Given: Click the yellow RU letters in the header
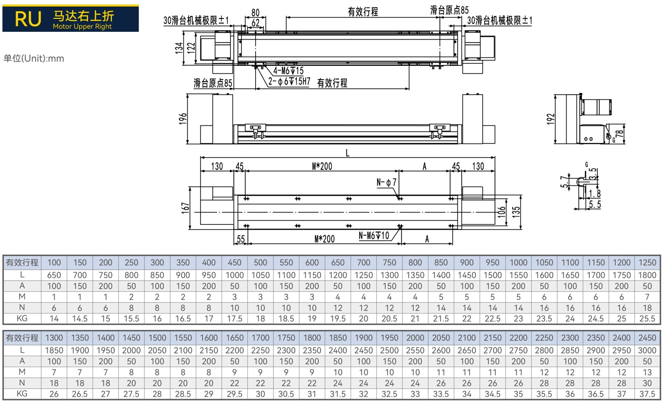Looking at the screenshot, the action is [x=28, y=19].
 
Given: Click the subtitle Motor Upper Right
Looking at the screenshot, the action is [x=82, y=27].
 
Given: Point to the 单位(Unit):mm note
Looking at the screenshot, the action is [x=34, y=58].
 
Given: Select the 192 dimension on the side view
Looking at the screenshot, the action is [x=550, y=119].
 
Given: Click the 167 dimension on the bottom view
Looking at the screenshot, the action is [x=185, y=208].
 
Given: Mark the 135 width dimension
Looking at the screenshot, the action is [x=516, y=212].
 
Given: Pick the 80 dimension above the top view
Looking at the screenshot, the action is [x=255, y=13].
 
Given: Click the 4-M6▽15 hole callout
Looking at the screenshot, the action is [x=288, y=71].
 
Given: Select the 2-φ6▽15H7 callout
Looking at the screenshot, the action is [x=289, y=81].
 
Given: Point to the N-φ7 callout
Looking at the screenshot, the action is [x=386, y=182].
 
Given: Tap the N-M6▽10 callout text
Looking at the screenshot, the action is [x=374, y=235].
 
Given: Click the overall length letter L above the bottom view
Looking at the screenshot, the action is [x=347, y=153].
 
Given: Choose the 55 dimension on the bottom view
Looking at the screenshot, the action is [x=241, y=239].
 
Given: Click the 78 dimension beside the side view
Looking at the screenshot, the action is [x=619, y=133].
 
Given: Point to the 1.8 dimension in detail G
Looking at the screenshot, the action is [x=595, y=194].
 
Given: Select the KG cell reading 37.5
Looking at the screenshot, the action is [x=647, y=394].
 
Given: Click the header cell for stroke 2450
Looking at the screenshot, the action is [x=647, y=338].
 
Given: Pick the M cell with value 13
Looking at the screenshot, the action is [x=647, y=372].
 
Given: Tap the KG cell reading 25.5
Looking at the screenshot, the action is [x=647, y=318].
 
